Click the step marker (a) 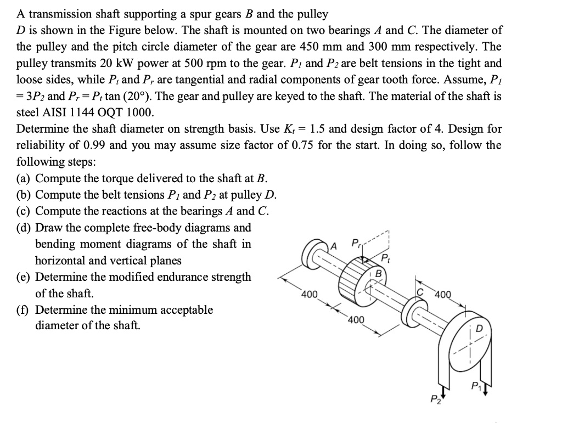click(25, 178)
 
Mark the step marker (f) click(24, 310)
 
